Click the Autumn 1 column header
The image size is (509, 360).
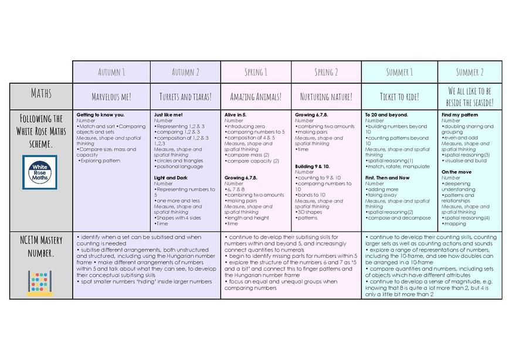click(111, 72)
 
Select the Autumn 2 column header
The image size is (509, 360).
click(185, 72)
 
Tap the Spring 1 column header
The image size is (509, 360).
click(256, 72)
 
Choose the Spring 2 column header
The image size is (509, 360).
click(326, 72)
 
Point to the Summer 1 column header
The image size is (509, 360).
click(399, 72)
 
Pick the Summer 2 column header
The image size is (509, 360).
click(470, 72)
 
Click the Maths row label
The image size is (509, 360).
click(40, 94)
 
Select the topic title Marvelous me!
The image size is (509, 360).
click(111, 96)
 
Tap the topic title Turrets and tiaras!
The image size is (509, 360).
click(185, 96)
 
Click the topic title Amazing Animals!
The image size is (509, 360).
click(256, 96)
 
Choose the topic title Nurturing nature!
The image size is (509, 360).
click(326, 96)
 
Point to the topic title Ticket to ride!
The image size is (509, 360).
click(399, 96)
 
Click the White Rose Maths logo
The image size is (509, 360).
click(40, 172)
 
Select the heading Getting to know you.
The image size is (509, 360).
click(101, 115)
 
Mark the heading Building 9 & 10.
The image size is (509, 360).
click(313, 167)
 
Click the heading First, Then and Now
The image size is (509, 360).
click(387, 178)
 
